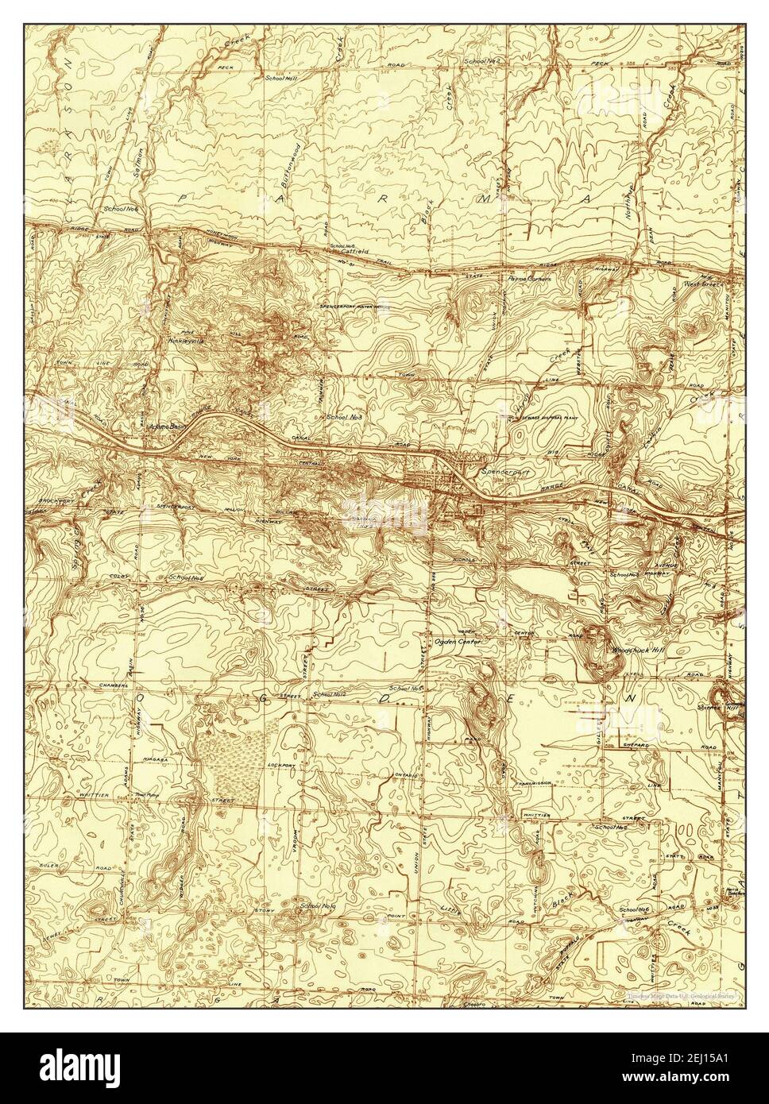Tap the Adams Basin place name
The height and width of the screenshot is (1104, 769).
179,425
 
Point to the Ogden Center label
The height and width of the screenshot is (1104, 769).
459,640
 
